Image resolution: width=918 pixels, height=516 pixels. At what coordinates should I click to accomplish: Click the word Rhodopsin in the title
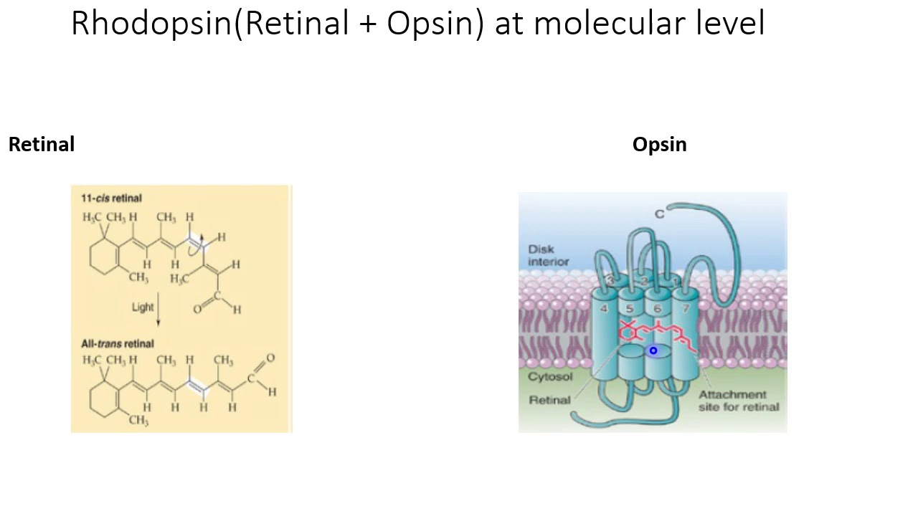click(x=151, y=24)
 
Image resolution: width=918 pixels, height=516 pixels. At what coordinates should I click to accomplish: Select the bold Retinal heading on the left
click(x=42, y=145)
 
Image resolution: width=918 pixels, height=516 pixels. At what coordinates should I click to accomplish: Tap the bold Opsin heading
click(x=659, y=145)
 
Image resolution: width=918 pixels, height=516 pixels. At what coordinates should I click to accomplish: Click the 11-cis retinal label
click(x=111, y=199)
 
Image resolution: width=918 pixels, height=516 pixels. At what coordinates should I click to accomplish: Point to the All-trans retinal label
click(x=117, y=344)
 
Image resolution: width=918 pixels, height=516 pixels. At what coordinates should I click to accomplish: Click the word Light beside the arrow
click(x=143, y=307)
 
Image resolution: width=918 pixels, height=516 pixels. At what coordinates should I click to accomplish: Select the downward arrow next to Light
click(x=158, y=309)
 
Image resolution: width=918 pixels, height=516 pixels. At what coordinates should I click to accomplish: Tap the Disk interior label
click(x=548, y=255)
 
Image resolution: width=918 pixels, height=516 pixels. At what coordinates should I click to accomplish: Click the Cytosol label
click(x=550, y=376)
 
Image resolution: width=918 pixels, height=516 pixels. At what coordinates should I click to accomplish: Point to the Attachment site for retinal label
click(x=738, y=401)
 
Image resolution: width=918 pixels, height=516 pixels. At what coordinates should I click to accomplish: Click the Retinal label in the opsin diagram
click(x=549, y=400)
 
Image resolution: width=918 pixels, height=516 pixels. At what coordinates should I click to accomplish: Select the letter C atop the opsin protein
click(x=660, y=214)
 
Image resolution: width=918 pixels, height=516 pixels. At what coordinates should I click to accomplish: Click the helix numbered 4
click(x=604, y=308)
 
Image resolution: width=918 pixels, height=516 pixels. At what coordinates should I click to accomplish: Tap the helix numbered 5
click(x=629, y=309)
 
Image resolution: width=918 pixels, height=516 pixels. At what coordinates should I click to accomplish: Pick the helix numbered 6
click(x=657, y=309)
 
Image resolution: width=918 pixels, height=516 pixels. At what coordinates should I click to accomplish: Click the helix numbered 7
click(x=686, y=308)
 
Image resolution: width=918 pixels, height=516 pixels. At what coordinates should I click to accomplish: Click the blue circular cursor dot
click(x=653, y=350)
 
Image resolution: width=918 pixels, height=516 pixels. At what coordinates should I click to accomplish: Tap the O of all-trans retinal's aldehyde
click(x=270, y=358)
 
